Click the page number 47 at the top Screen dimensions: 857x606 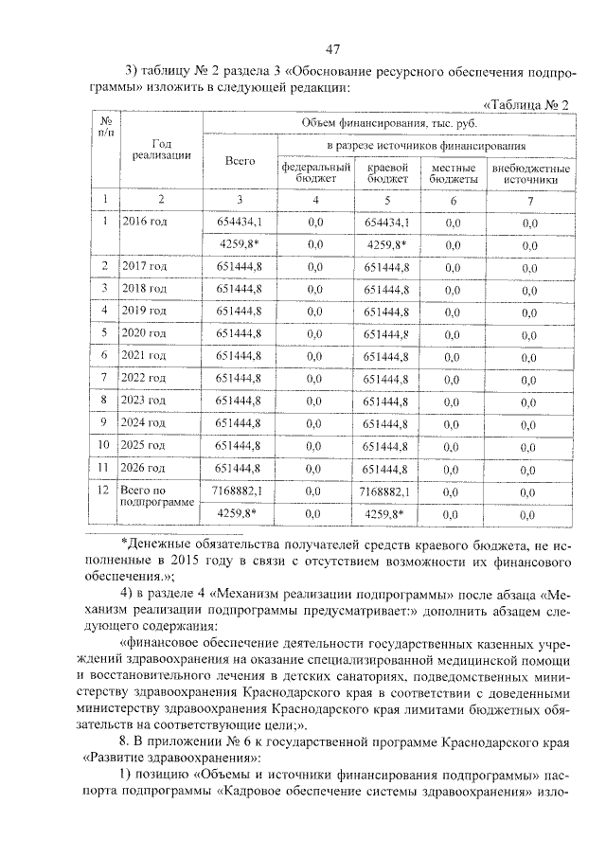tap(331, 48)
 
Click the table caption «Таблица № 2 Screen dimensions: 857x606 tap(525, 104)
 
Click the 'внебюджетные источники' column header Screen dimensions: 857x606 tap(529, 171)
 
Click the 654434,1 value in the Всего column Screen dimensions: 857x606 tap(240, 222)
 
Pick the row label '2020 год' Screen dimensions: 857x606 tap(144, 332)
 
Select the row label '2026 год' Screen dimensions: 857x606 tap(144, 468)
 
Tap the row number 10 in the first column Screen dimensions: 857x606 tap(105, 445)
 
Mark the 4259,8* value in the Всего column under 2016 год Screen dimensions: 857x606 tap(240, 243)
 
